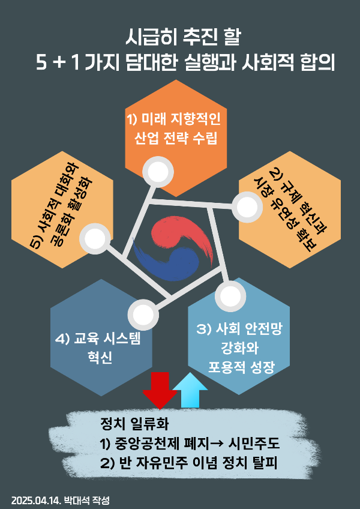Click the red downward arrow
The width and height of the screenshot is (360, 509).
pyautogui.click(x=159, y=390)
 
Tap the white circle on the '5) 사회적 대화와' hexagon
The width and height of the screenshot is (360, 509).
pyautogui.click(x=95, y=238)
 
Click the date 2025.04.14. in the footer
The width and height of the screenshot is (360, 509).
pyautogui.click(x=35, y=499)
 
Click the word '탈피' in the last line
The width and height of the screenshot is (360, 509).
pyautogui.click(x=269, y=463)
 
